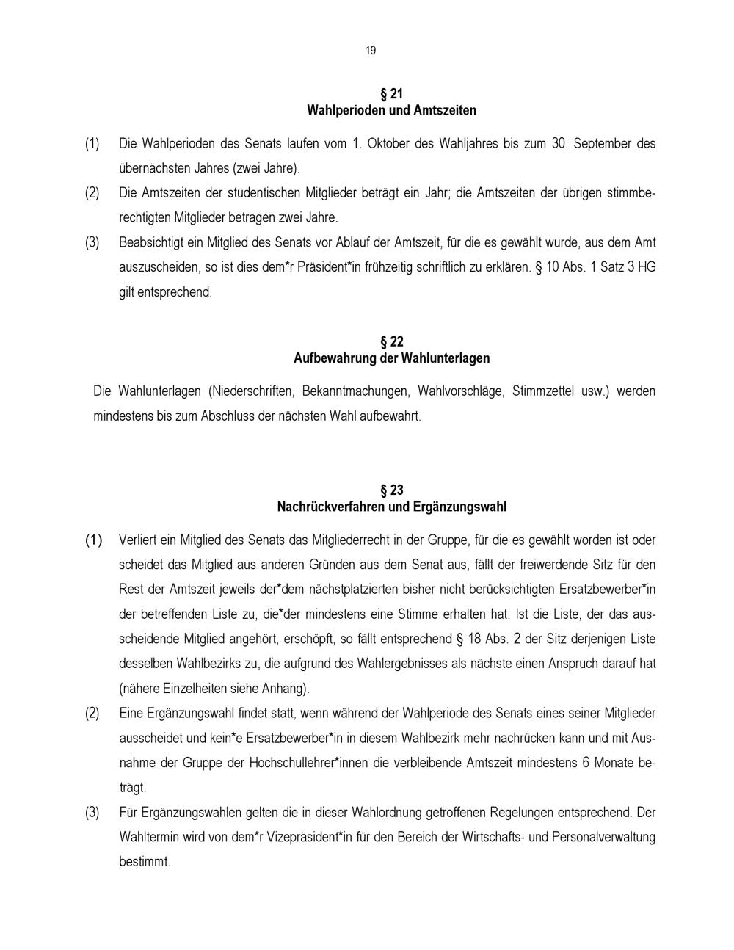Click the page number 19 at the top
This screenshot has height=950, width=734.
pos(370,50)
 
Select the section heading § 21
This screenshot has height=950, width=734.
pos(391,94)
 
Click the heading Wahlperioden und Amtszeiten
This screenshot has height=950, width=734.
pos(391,111)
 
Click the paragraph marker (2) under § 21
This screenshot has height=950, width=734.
pos(92,193)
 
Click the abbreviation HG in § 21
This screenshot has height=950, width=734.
pos(647,267)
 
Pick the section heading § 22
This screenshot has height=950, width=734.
pos(391,342)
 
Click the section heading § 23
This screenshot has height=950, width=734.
pos(391,490)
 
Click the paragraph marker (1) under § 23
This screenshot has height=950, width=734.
pos(93,540)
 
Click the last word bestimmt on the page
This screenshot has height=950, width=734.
pos(144,862)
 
